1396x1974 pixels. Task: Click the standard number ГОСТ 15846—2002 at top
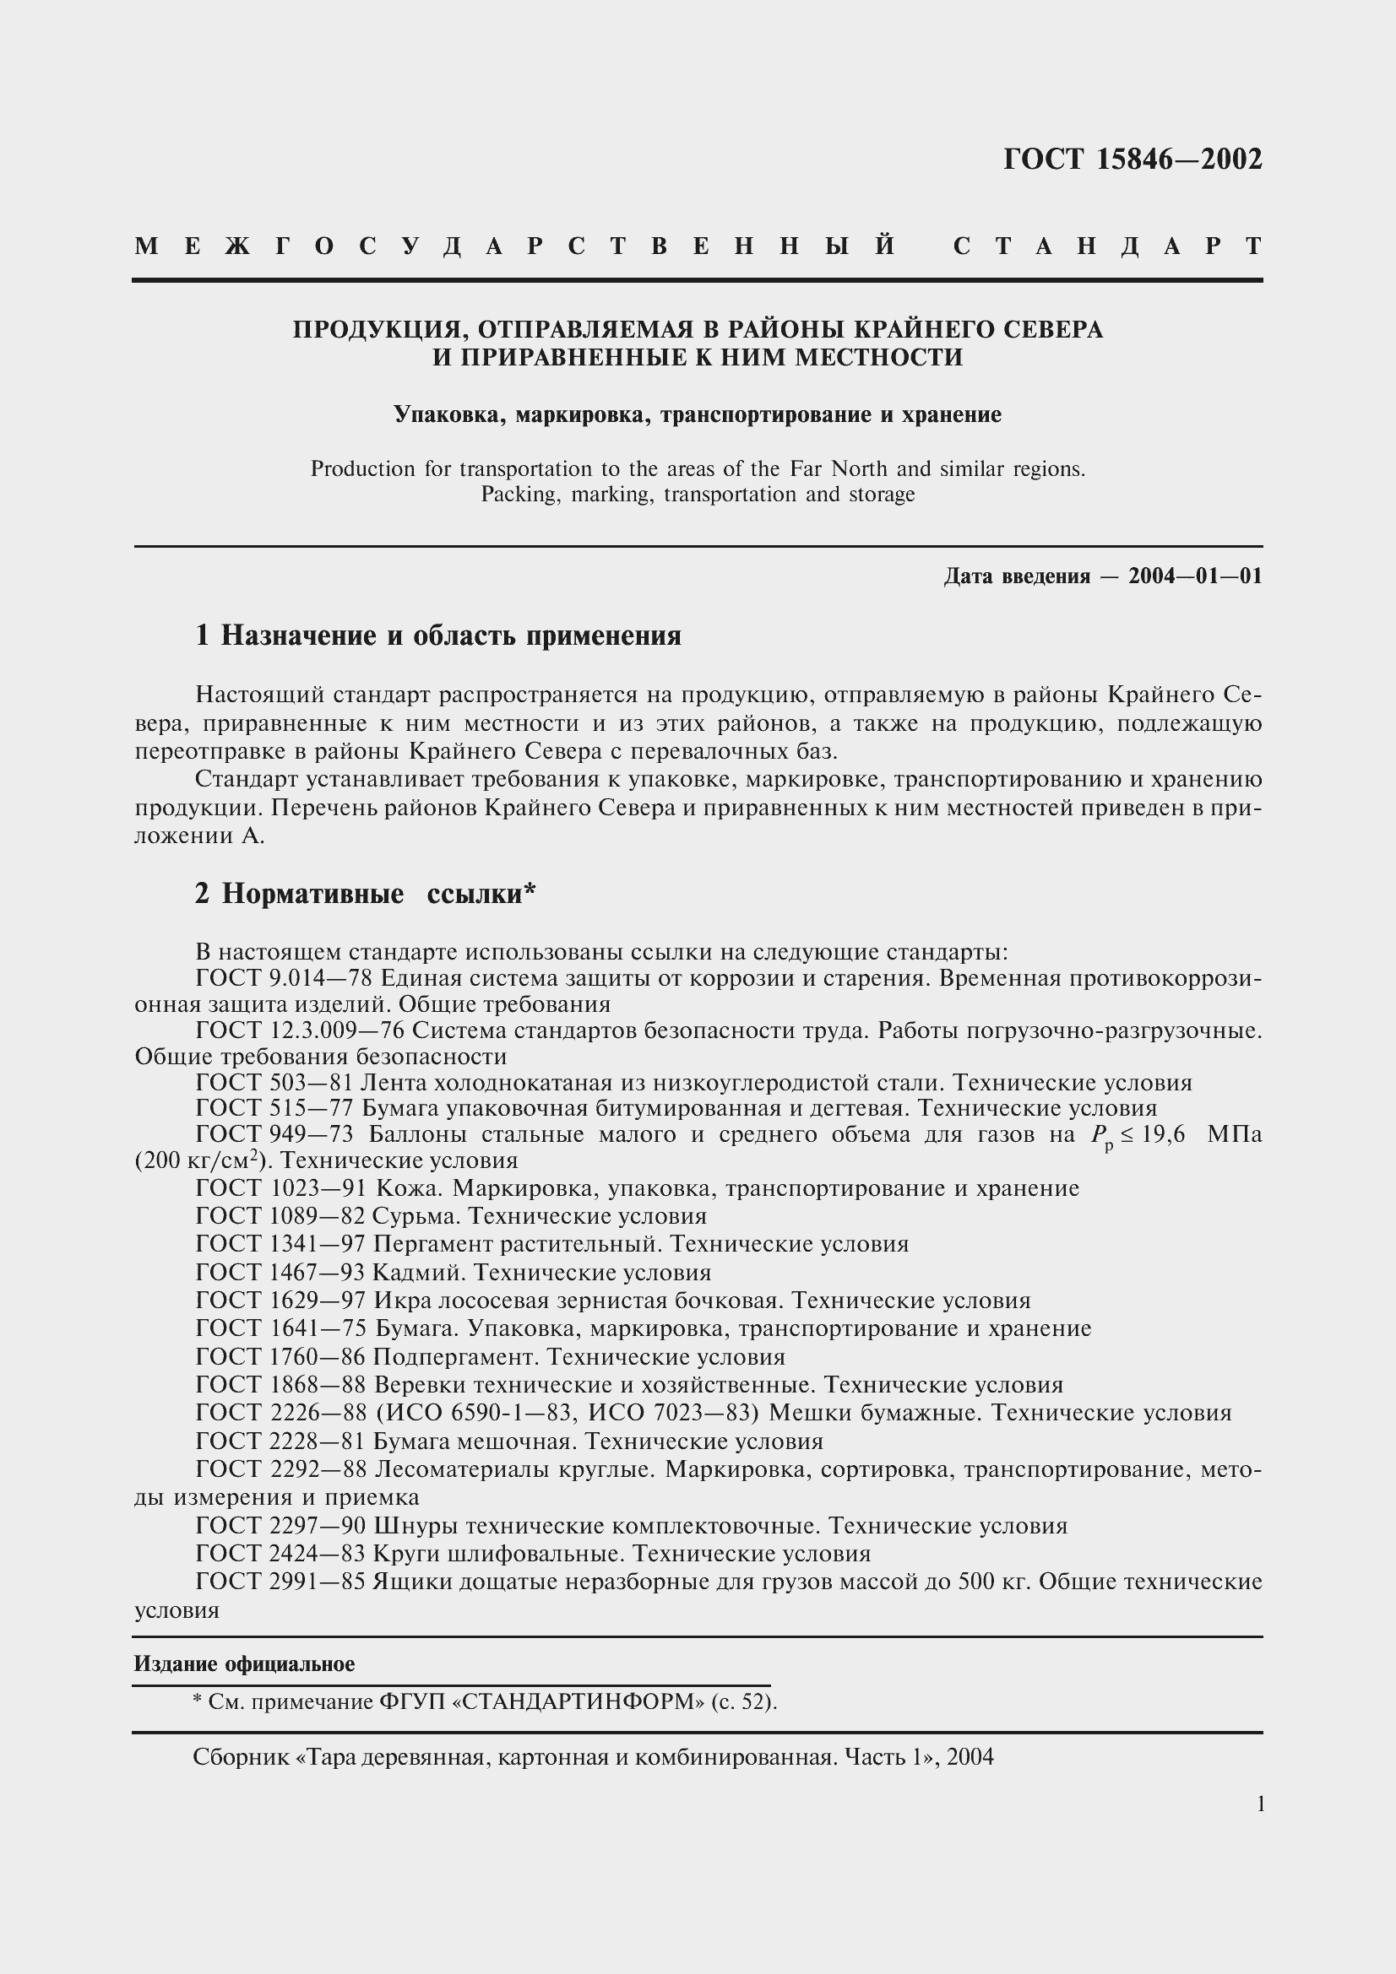[1132, 160]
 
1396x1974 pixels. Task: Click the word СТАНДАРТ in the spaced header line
[1108, 246]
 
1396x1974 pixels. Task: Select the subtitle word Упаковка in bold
[438, 415]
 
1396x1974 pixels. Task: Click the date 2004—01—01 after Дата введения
[1195, 576]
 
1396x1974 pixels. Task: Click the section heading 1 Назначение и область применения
[437, 636]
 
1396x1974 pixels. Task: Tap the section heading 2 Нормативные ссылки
[365, 894]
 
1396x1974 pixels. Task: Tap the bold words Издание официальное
[244, 1663]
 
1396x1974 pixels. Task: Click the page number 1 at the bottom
[1261, 1804]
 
